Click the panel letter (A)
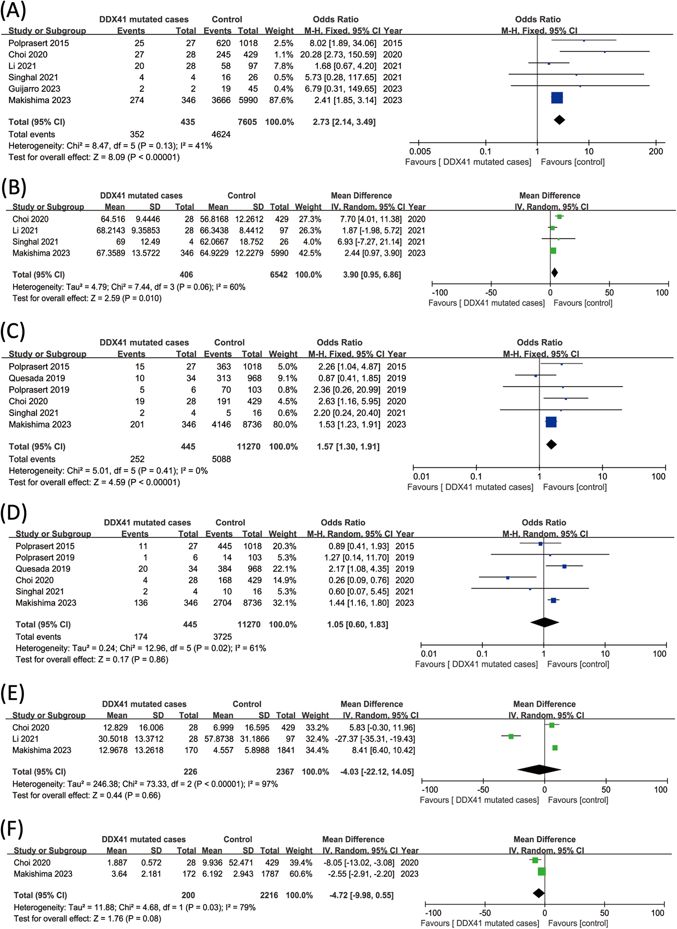pyautogui.click(x=13, y=11)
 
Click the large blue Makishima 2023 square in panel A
pyautogui.click(x=557, y=98)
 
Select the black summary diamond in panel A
pyautogui.click(x=559, y=120)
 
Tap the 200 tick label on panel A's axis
pyautogui.click(x=656, y=151)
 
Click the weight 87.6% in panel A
pyautogui.click(x=281, y=100)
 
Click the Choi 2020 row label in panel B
pyautogui.click(x=30, y=219)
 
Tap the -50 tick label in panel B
pyautogui.click(x=491, y=293)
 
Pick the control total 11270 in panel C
pyautogui.click(x=249, y=447)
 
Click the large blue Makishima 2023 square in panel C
pyautogui.click(x=551, y=422)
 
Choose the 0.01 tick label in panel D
pyautogui.click(x=429, y=654)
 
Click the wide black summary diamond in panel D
pyautogui.click(x=544, y=622)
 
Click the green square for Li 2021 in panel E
pyautogui.click(x=511, y=736)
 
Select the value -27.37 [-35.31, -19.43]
pyautogui.click(x=375, y=739)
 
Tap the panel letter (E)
pyautogui.click(x=12, y=693)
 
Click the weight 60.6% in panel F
pyautogui.click(x=301, y=874)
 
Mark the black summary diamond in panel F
pyautogui.click(x=539, y=893)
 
